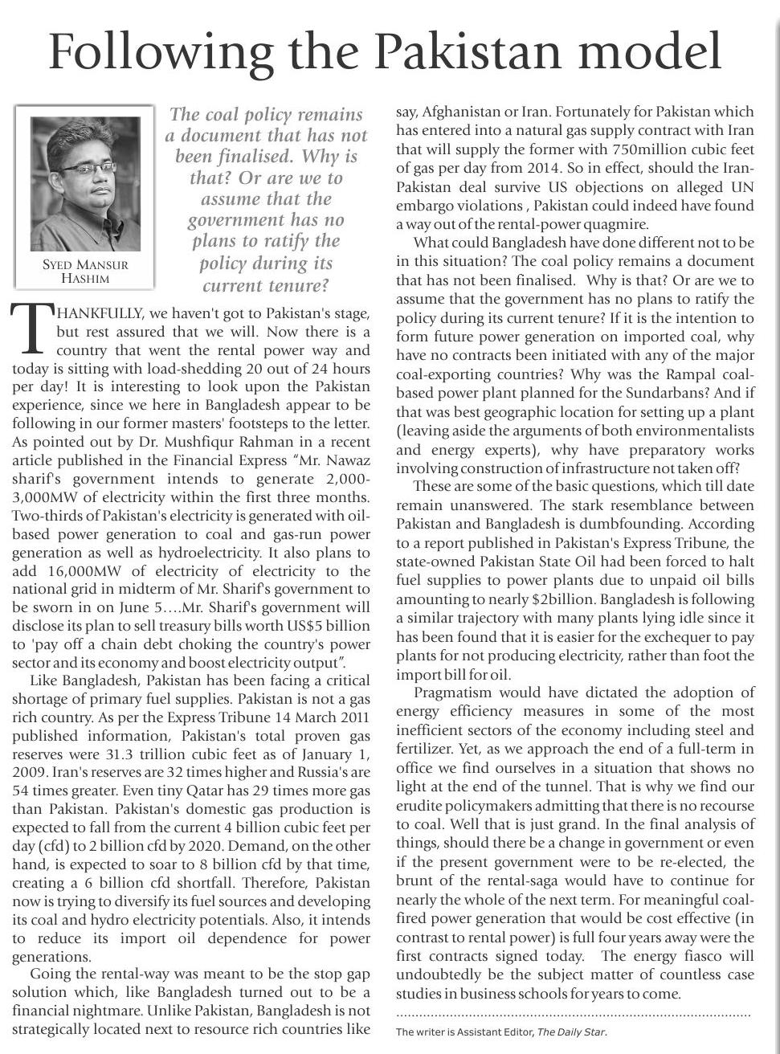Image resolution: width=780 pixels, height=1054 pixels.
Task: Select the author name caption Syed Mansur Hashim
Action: (84, 272)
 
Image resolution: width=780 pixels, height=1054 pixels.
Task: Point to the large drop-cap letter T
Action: (31, 329)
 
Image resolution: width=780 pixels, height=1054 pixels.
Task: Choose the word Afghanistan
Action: (460, 112)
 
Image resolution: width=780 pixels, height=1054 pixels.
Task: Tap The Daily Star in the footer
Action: (571, 1032)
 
